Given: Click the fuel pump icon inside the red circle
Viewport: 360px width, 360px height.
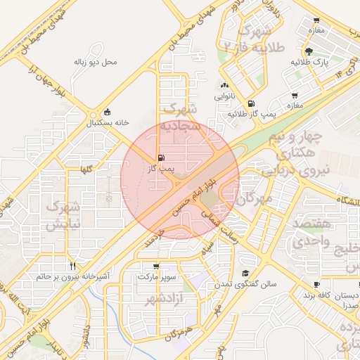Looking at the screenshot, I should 162,157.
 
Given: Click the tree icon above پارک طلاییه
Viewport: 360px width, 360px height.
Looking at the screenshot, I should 309,51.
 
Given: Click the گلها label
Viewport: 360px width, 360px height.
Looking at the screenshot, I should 87,169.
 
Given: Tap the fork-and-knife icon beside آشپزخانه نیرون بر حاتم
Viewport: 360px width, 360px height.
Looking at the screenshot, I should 72,266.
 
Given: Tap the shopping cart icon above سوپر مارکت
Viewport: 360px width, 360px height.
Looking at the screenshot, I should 155,266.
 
